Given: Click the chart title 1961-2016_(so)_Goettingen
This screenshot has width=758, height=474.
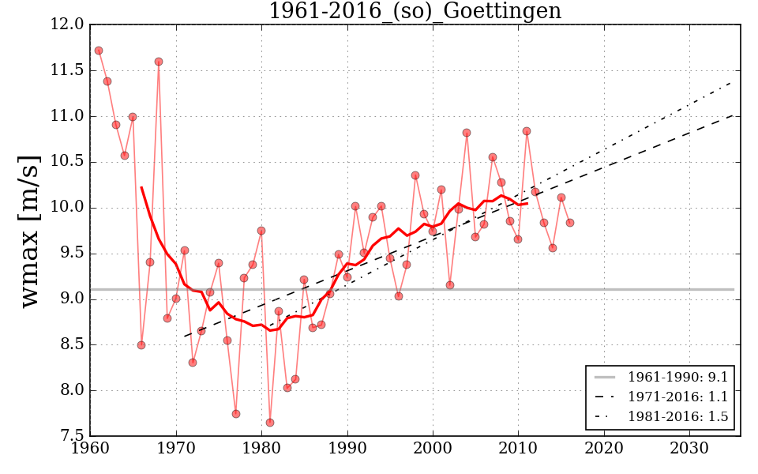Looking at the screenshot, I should point(415,11).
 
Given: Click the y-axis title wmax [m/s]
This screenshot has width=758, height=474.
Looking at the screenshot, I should point(30,230).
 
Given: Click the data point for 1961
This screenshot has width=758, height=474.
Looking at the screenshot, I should point(99,51).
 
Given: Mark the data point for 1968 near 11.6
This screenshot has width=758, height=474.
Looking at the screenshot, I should point(159,62).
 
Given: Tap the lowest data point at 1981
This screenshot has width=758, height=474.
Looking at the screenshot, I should point(270,423).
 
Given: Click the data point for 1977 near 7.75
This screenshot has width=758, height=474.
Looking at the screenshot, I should point(236,414).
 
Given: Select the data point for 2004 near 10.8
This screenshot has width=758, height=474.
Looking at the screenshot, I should point(467,133).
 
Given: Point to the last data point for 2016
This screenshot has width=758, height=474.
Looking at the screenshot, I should point(569,223).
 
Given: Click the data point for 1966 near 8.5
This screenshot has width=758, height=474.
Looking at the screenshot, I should point(141,345).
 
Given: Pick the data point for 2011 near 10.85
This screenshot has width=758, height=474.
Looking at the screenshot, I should point(527,131).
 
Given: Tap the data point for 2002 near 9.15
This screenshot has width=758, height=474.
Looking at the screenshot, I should point(450,285).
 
